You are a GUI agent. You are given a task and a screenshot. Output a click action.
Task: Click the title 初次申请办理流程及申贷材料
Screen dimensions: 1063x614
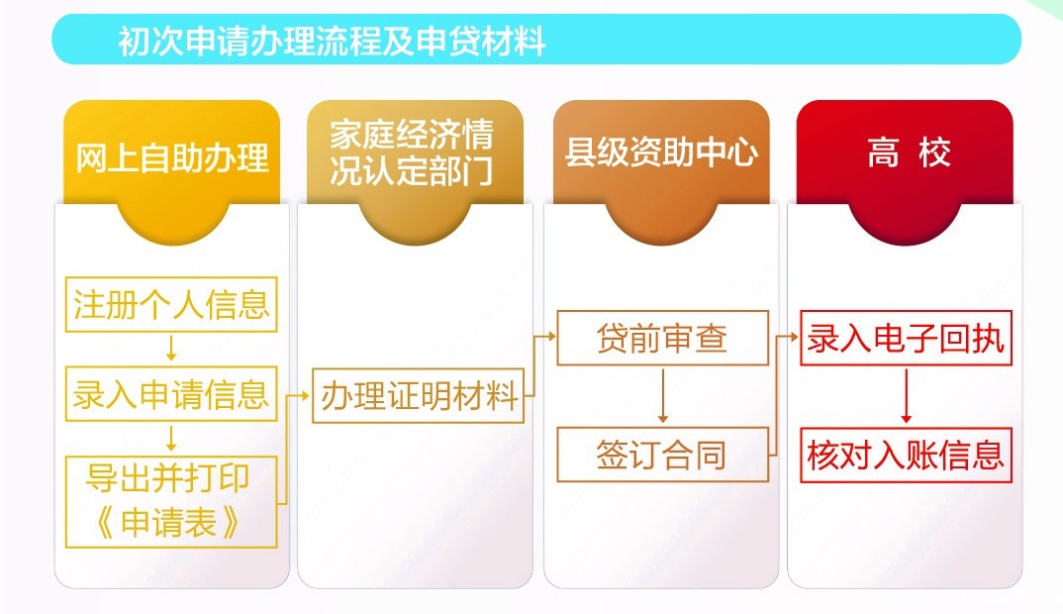[332, 41]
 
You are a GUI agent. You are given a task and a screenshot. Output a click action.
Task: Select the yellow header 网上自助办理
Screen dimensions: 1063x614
[171, 158]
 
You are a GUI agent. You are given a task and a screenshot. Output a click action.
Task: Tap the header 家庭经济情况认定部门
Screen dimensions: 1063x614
[412, 153]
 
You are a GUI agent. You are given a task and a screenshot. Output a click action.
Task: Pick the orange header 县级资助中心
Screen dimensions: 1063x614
[661, 152]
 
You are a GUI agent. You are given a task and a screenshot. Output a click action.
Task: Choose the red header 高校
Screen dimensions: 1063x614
[909, 152]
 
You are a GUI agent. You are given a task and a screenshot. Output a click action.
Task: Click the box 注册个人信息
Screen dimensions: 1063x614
[171, 304]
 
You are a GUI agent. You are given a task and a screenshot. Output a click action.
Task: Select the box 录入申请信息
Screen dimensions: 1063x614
[171, 394]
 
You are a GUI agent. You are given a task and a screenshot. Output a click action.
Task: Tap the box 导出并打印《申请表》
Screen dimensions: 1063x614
[171, 502]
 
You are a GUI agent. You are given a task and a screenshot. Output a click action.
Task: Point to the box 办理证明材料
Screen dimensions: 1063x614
[419, 395]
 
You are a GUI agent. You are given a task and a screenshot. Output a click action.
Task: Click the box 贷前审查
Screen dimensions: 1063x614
[662, 338]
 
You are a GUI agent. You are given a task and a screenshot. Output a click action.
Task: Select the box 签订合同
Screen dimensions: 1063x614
[662, 455]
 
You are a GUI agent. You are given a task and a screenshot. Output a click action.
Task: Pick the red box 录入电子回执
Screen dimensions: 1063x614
[906, 338]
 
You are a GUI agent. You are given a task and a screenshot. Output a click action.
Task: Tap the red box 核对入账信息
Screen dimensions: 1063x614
[906, 456]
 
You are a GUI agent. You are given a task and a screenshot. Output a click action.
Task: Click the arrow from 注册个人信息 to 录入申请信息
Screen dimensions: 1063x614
[171, 348]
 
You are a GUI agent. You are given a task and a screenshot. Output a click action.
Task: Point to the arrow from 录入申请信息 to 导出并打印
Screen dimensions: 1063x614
[171, 439]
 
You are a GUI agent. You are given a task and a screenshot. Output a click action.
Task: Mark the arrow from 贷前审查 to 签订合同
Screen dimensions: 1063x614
[663, 395]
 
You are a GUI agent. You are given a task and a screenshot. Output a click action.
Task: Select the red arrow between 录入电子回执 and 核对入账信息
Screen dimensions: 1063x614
[907, 396]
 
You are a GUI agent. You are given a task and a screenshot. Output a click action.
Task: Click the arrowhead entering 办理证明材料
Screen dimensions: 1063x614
[306, 395]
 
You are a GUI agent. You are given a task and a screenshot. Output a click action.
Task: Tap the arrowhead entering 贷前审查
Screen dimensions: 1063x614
[551, 336]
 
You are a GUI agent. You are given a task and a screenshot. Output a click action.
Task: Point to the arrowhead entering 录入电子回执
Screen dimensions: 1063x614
[795, 336]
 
